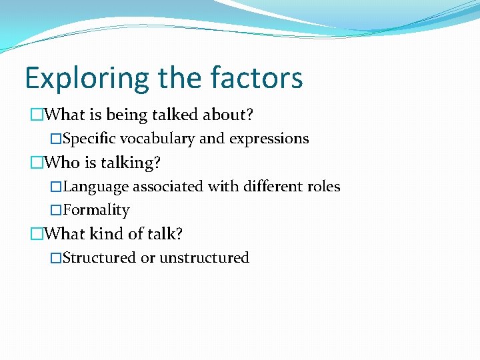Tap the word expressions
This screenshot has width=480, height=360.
269,139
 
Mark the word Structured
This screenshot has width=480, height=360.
99,258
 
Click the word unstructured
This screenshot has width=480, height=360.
204,258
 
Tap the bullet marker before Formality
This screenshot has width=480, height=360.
56,210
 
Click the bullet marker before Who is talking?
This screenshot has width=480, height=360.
37,163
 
